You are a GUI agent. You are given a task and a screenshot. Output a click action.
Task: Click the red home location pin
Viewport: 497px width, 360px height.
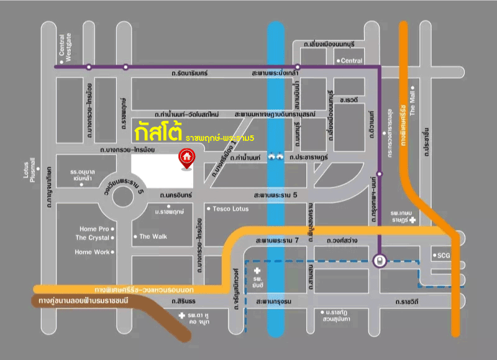click(x=185, y=158)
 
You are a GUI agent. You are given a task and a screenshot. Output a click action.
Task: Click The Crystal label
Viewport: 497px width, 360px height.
click(x=92, y=238)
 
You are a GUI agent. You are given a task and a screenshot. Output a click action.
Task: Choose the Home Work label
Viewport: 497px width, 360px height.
click(x=92, y=252)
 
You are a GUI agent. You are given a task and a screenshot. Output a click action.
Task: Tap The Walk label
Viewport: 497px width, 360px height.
click(x=153, y=236)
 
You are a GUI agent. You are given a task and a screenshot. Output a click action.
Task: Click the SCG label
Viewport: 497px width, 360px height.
click(x=444, y=255)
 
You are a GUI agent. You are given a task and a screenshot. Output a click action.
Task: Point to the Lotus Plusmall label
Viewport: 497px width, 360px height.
click(x=30, y=171)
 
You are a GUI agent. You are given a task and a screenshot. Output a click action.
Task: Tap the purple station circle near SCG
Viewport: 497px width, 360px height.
click(x=379, y=261)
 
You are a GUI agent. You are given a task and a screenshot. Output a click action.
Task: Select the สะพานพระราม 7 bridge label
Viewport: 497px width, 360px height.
click(x=278, y=240)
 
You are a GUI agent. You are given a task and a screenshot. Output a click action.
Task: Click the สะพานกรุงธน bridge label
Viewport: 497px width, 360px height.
click(x=278, y=301)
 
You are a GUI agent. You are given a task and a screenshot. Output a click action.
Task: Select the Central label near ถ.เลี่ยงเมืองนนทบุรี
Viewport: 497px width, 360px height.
click(x=351, y=61)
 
